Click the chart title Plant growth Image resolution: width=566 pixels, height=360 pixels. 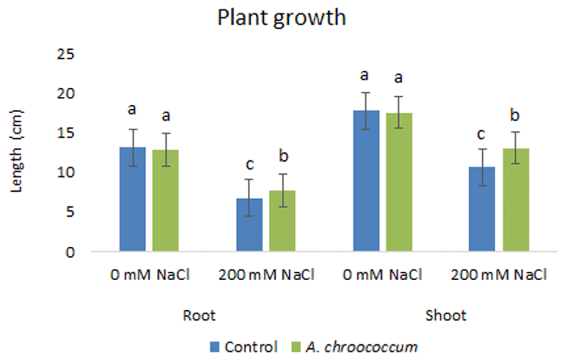click(x=281, y=18)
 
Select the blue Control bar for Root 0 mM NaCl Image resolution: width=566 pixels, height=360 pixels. click(x=132, y=199)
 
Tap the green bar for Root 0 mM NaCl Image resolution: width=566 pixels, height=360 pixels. click(x=165, y=200)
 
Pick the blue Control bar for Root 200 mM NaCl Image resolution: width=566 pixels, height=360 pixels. click(x=250, y=225)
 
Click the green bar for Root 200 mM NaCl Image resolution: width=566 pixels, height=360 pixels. click(x=282, y=221)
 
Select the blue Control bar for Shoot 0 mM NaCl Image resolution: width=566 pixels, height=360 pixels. click(x=366, y=181)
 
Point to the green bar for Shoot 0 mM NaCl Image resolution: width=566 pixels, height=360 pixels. click(x=399, y=182)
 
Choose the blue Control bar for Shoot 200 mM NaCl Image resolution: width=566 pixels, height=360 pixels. click(x=482, y=209)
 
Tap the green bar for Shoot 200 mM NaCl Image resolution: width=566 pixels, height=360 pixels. click(x=516, y=200)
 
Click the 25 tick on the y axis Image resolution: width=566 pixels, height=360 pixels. click(x=65, y=54)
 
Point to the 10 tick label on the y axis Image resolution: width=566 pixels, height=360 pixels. click(x=65, y=173)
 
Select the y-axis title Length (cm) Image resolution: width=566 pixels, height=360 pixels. click(x=16, y=151)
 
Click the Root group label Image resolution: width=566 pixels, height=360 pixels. click(x=199, y=316)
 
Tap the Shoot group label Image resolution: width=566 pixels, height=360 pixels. click(x=446, y=316)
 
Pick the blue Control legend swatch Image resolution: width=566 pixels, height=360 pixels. click(x=215, y=347)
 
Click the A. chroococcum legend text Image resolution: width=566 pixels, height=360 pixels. click(x=362, y=347)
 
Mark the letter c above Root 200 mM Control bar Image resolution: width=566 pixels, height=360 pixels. click(x=250, y=165)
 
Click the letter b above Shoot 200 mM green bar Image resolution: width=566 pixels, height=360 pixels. click(x=515, y=115)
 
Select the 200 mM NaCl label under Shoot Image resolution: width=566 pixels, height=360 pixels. click(x=499, y=275)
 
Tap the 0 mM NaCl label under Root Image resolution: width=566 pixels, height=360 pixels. click(x=150, y=275)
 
